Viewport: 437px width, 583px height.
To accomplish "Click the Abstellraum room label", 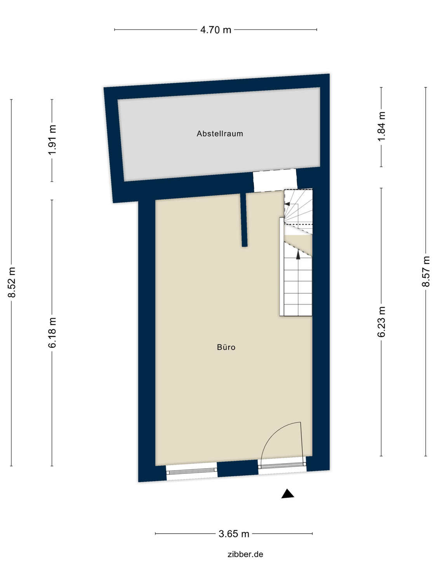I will [219, 134].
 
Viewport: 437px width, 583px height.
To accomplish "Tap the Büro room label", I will [226, 347].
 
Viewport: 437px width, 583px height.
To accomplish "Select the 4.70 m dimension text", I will [216, 30].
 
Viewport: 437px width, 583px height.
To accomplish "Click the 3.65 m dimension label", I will [234, 534].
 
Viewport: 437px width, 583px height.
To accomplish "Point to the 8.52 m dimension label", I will [12, 282].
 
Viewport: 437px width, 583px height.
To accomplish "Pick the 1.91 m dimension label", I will [52, 140].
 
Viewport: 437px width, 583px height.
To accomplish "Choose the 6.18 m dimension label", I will [52, 332].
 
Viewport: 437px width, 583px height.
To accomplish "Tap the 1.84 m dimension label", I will [381, 127].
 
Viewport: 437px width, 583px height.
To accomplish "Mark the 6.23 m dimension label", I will [381, 322].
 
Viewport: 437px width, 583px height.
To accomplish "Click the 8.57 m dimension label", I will [426, 271].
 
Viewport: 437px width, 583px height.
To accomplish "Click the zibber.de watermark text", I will [245, 554].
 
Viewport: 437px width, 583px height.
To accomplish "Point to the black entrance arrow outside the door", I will [288, 494].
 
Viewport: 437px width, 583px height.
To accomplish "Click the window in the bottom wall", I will [192, 471].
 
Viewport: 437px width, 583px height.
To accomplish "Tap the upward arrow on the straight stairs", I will [298, 255].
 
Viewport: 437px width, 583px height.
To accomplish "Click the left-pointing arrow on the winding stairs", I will [287, 203].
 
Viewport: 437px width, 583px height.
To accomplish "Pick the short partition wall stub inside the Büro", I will [244, 220].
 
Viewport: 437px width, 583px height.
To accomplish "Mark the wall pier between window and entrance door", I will [237, 468].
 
